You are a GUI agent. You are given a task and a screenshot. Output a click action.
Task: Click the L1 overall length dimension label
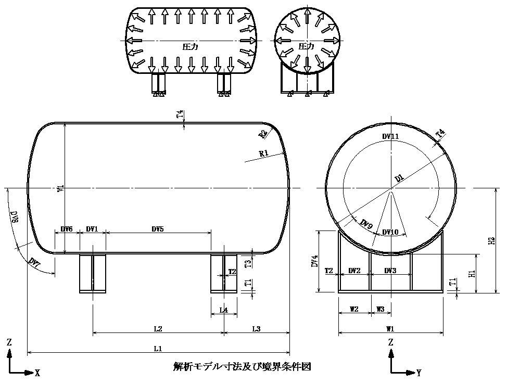point(159,348)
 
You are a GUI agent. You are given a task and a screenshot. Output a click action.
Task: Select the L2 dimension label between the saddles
point(158,329)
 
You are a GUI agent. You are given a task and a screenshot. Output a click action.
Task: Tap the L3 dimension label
point(257,329)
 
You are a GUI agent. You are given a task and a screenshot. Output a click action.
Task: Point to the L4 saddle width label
point(224,310)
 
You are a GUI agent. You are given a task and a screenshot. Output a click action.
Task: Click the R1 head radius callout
point(263,153)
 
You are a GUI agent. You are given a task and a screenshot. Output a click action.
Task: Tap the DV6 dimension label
point(67,229)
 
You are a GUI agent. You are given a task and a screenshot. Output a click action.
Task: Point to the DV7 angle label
point(34,261)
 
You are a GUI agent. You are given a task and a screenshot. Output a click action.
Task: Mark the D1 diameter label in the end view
point(399,178)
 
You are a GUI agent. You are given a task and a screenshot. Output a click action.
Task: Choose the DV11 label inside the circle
point(390,136)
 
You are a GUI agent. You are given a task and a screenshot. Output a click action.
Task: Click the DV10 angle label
point(390,232)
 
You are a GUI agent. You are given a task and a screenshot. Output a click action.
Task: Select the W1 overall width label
point(390,329)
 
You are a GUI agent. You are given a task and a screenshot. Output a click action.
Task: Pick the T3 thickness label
point(248,263)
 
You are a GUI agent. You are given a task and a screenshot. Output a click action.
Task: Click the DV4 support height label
point(314,261)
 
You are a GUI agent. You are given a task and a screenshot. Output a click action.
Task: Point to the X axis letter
point(37,373)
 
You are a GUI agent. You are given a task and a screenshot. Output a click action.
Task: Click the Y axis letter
point(419,373)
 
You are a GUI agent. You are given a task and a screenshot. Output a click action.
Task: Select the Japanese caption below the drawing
point(242,367)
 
